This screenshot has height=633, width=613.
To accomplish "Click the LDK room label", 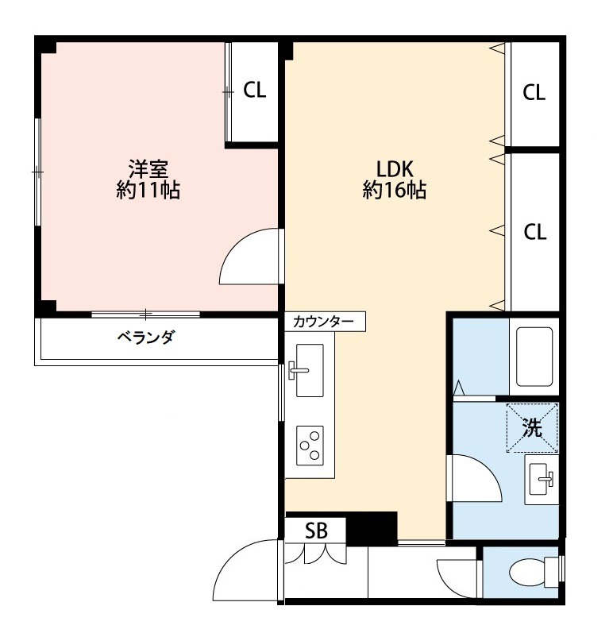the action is click(395, 169).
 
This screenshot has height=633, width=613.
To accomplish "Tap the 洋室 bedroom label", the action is click(148, 169).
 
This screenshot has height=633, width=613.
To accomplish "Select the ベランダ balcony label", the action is click(145, 337).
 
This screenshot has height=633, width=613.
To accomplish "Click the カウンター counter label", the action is click(323, 322).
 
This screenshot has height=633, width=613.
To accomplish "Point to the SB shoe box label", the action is click(316, 531).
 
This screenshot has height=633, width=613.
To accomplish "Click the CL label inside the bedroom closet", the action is click(255, 90).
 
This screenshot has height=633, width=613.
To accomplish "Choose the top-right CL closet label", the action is click(534, 92).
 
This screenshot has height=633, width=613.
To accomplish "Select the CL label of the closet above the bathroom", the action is click(534, 232).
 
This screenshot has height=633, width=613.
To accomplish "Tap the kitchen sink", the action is click(310, 370).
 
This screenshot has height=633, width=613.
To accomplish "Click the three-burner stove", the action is click(310, 446).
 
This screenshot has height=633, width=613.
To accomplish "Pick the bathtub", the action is click(534, 357).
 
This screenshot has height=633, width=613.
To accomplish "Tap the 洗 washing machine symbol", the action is click(532, 427).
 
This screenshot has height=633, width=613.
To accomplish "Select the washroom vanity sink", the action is click(542, 480).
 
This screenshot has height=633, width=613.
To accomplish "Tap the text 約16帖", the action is click(395, 190).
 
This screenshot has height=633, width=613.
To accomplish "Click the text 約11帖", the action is click(148, 190).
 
